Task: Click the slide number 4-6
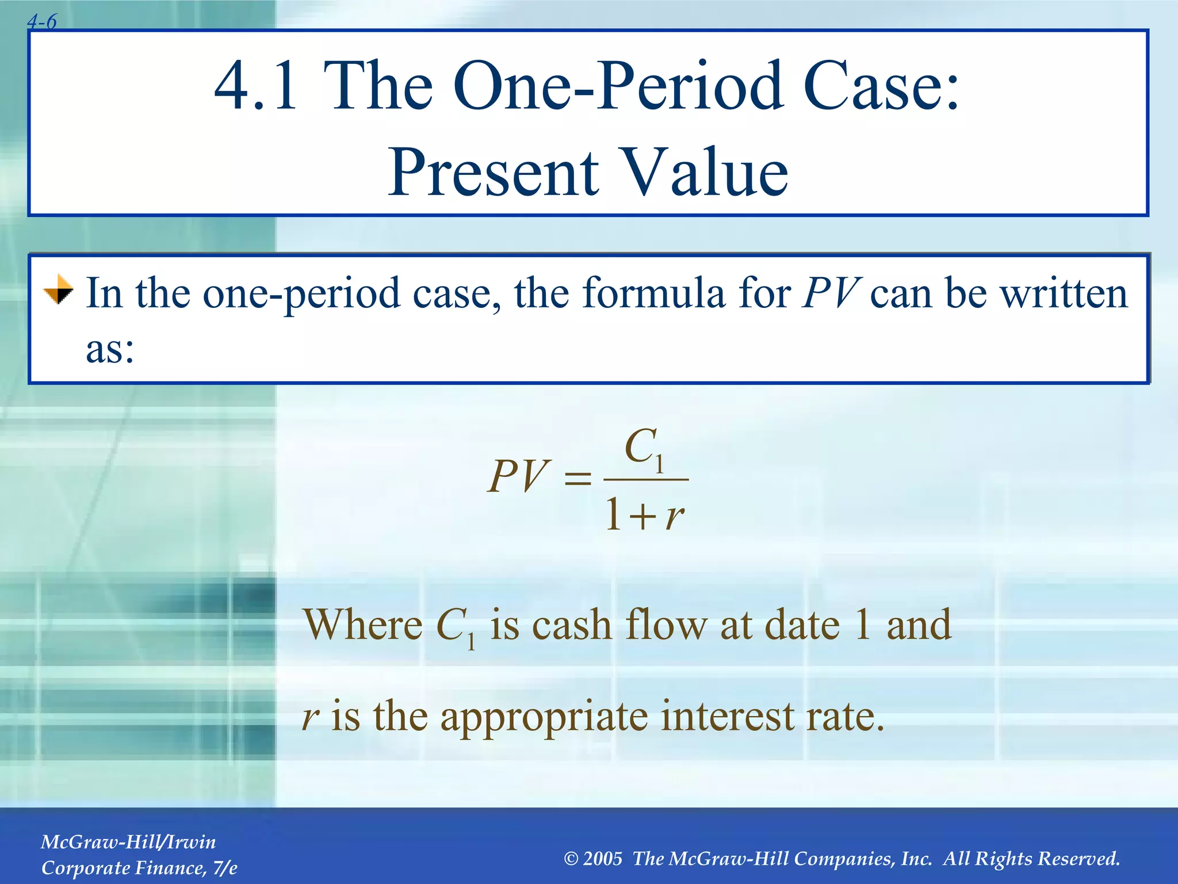(42, 22)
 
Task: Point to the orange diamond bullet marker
(59, 289)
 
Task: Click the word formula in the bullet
(653, 294)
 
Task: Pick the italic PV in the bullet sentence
(831, 294)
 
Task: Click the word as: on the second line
(110, 349)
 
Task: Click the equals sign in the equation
(577, 478)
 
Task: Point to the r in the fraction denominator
(674, 516)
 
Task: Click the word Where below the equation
(363, 625)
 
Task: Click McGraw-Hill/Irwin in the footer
(128, 842)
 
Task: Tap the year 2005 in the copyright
(602, 859)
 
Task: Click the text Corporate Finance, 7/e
(139, 868)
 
